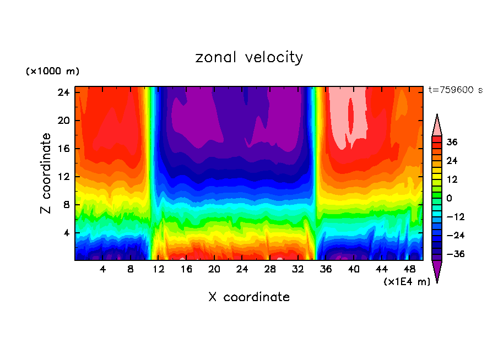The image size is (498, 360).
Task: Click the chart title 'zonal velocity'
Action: [x=249, y=57]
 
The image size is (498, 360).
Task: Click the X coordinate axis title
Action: [x=249, y=297]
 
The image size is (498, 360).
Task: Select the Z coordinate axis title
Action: [x=46, y=173]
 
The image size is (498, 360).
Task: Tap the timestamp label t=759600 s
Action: [x=455, y=90]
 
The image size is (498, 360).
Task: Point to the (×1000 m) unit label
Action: [x=52, y=72]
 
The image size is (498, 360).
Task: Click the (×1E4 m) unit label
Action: [x=407, y=282]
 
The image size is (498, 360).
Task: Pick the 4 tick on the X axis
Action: [x=102, y=269]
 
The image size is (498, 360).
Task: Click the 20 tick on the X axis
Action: [x=214, y=269]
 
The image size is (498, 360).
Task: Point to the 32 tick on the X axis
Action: [x=298, y=269]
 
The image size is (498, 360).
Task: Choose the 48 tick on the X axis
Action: [x=410, y=269]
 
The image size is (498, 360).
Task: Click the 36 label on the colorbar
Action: [x=452, y=142]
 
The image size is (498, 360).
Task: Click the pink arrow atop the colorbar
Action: [x=437, y=126]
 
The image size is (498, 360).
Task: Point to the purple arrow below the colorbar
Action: [x=437, y=271]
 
